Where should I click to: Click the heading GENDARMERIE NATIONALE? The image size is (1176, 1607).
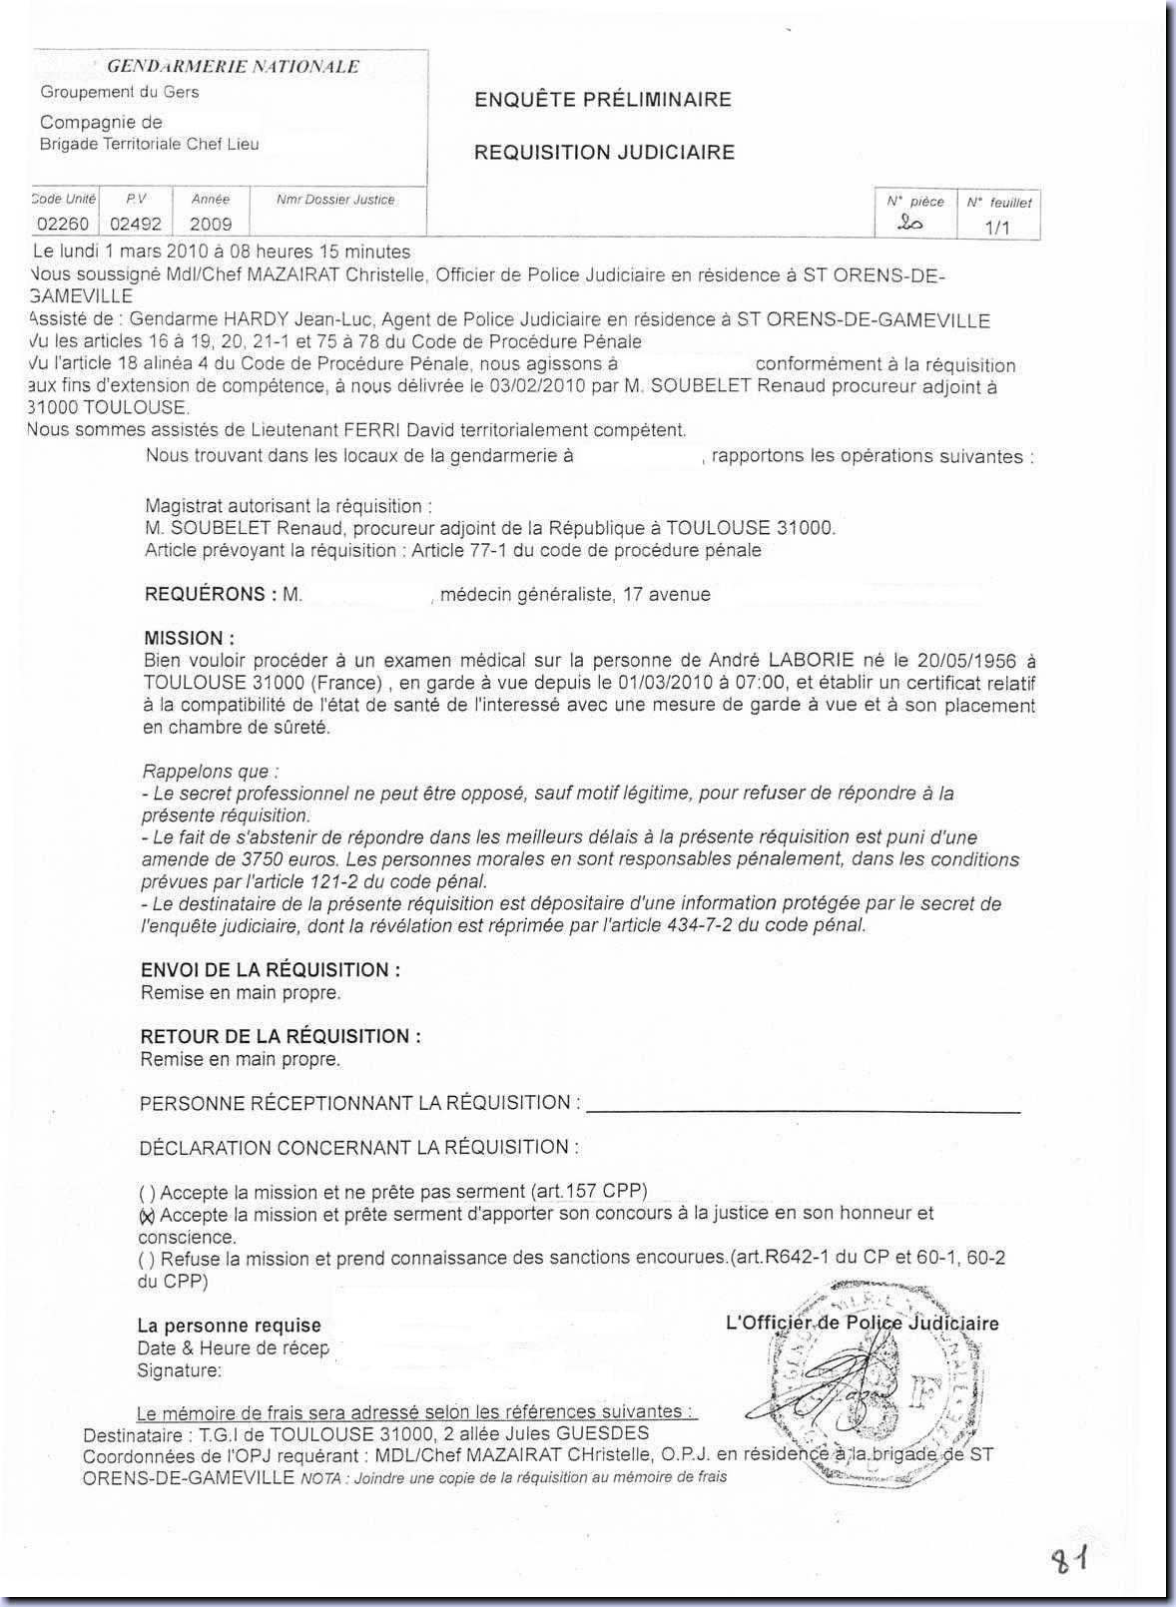point(233,67)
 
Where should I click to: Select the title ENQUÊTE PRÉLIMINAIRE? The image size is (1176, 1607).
point(602,99)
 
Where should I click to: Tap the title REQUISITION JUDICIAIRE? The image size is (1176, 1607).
point(604,152)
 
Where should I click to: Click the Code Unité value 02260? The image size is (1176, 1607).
point(63,224)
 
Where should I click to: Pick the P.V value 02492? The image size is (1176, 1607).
point(136,224)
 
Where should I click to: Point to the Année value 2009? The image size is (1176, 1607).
point(211,224)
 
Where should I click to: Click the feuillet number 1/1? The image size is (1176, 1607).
point(997,228)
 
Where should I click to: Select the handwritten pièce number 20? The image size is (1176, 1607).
point(910,225)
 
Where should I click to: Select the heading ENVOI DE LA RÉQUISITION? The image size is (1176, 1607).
point(271,970)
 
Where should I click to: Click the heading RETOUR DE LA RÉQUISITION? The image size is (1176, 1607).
point(281,1036)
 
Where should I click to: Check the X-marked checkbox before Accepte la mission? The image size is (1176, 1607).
point(148,1215)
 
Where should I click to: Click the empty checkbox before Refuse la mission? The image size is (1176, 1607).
point(148,1259)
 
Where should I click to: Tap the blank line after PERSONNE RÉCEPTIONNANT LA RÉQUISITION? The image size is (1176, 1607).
point(804,1104)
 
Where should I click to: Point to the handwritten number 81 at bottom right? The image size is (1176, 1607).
point(1066,1560)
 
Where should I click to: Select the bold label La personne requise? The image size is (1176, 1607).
point(229,1326)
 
